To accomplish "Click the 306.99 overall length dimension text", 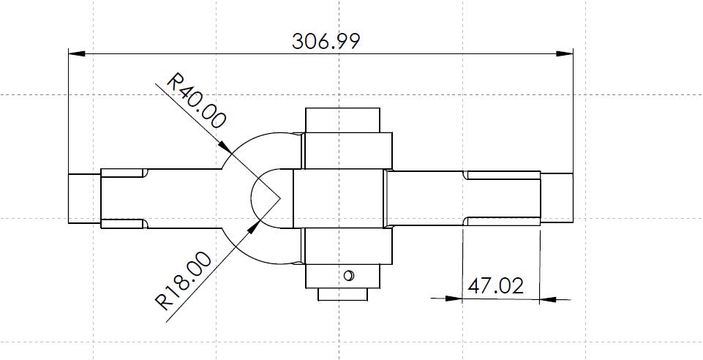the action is [326, 41].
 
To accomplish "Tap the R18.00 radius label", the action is [184, 281].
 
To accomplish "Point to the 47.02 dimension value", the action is [495, 286].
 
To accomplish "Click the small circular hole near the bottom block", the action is [348, 275].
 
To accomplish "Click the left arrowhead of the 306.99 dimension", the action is [77, 54].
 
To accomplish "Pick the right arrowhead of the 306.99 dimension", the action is [565, 54].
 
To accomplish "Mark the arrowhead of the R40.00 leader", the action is [225, 147].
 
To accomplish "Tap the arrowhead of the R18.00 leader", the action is [254, 227].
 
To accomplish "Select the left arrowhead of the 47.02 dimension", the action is [454, 298].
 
